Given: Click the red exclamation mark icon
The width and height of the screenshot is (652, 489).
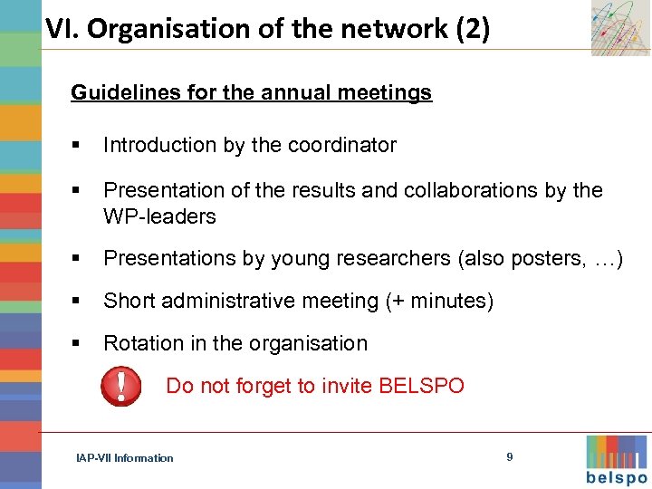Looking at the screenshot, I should pos(120,386).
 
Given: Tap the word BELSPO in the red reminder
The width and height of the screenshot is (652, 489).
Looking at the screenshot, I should pos(421,387).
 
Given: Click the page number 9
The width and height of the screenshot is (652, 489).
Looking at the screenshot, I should pos(509,457).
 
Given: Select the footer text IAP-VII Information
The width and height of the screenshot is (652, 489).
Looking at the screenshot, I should pos(125,458).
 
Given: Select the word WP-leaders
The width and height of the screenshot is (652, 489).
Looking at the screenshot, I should pos(159,216).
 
